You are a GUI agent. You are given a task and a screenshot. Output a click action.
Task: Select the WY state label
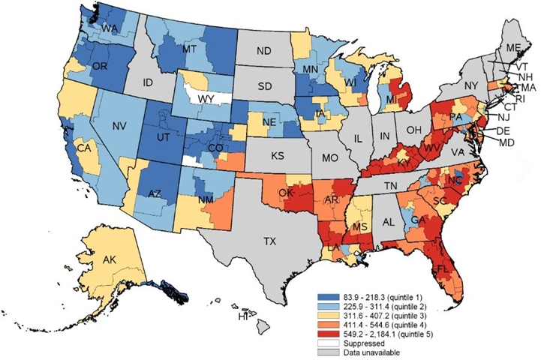click(x=200, y=98)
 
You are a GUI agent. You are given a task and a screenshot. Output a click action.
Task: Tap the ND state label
click(x=264, y=52)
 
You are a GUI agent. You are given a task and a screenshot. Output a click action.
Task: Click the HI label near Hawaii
click(x=242, y=318)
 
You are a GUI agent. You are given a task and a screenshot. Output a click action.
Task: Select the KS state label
click(x=276, y=159)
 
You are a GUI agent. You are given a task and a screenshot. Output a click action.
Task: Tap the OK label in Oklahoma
click(x=285, y=192)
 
